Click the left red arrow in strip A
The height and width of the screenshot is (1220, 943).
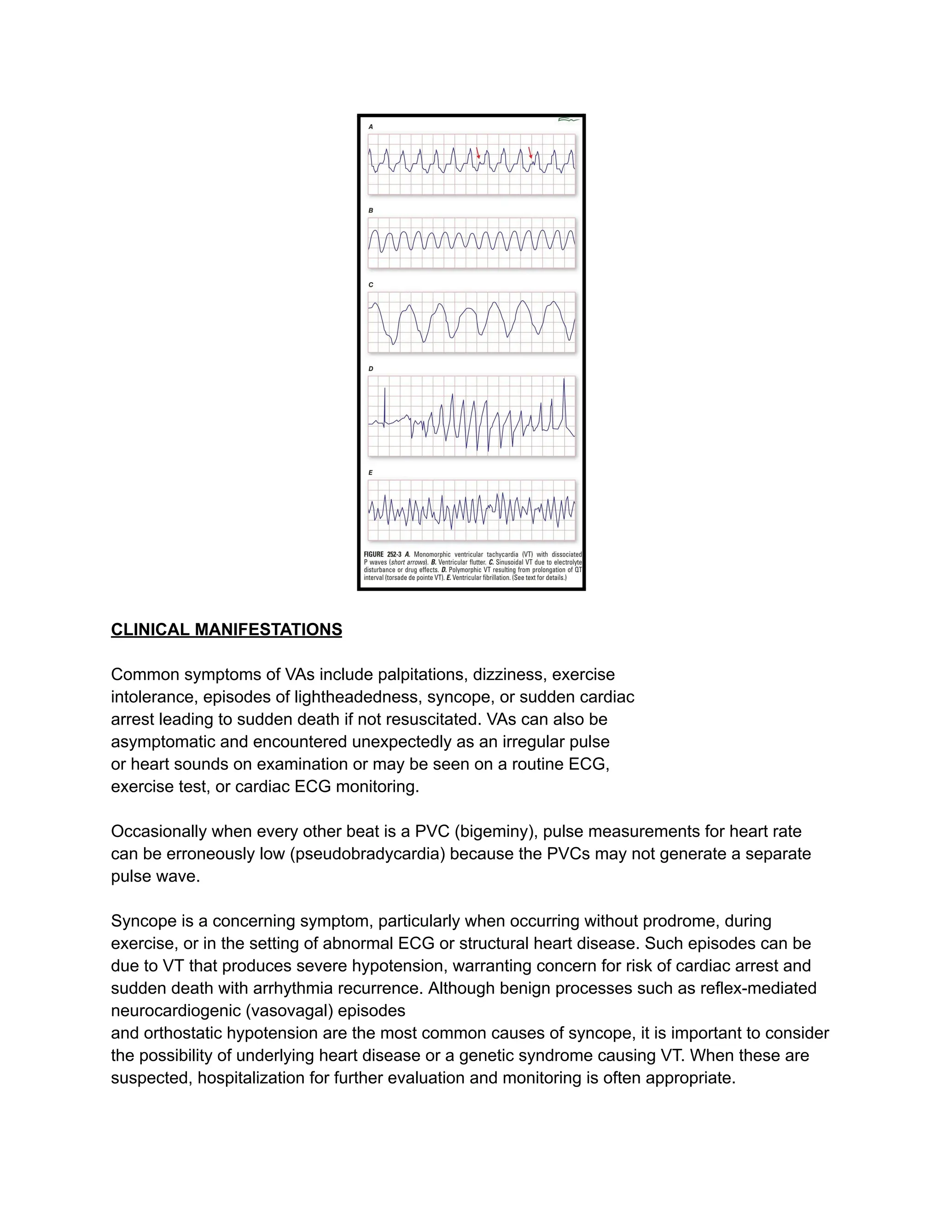(x=478, y=153)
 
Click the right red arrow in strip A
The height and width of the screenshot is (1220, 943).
(x=530, y=152)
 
